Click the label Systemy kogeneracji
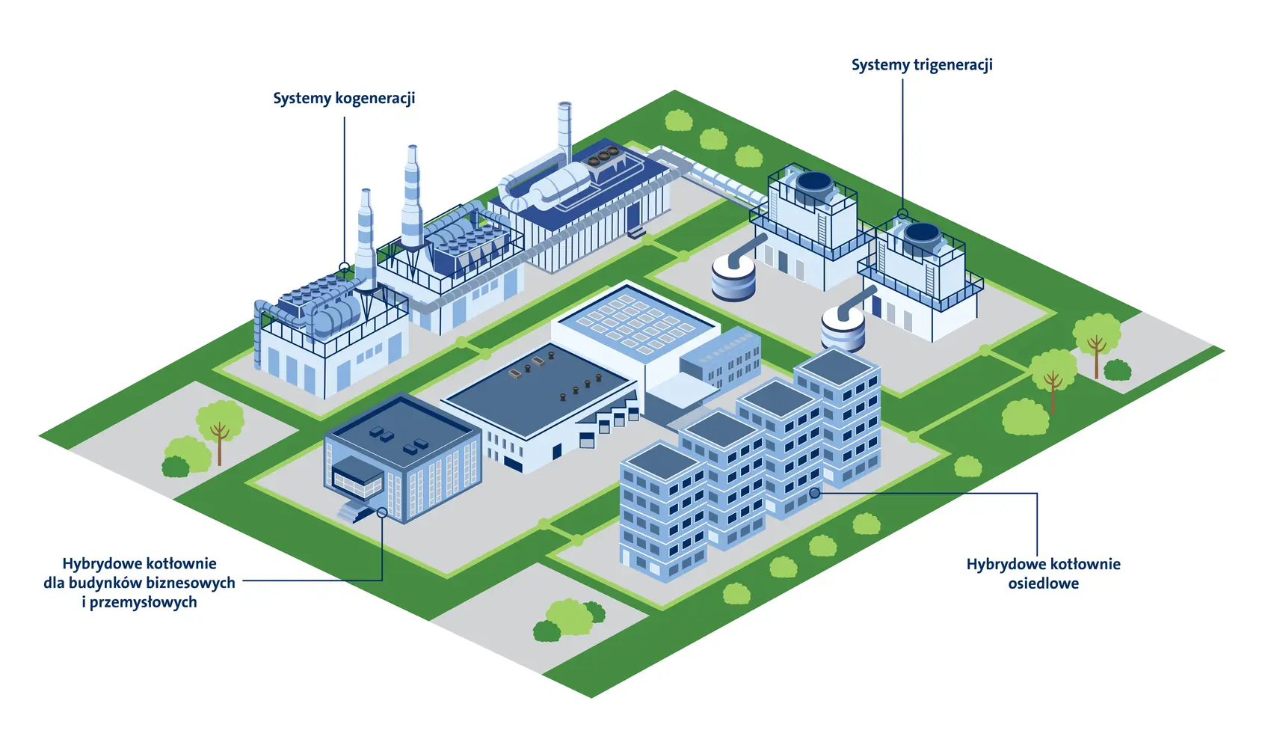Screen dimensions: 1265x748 pos(344,99)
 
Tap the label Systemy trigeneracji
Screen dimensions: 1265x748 pos(922,66)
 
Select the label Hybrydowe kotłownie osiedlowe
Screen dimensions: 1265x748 pos(1043,574)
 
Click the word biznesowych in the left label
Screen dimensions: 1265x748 pos(191,583)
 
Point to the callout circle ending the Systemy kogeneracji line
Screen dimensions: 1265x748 pos(344,266)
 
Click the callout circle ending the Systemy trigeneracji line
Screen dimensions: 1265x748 pos(902,213)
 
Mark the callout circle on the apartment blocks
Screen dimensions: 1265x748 pos(814,493)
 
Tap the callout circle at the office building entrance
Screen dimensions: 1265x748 pos(382,512)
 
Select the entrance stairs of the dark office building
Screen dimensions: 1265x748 pos(352,511)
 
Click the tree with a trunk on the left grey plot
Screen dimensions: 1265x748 pos(220,429)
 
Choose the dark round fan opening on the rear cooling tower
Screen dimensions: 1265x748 pos(813,183)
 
